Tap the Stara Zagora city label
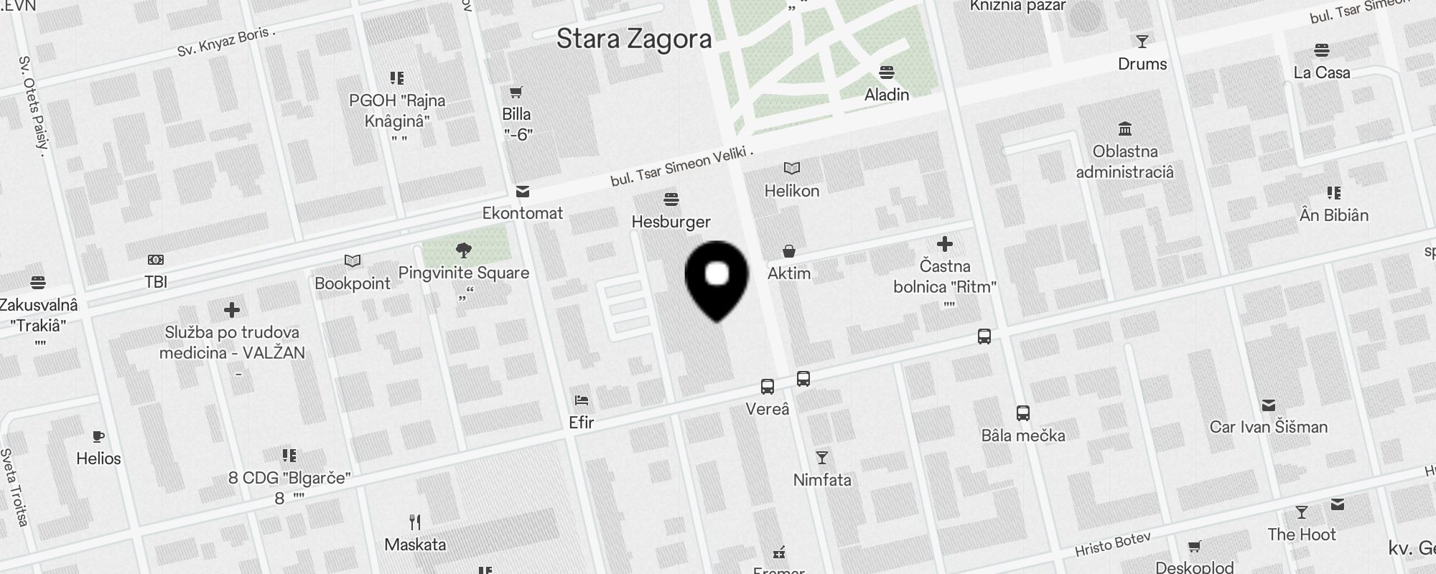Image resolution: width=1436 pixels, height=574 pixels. pos(634,39)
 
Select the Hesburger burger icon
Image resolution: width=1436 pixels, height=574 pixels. pos(671,199)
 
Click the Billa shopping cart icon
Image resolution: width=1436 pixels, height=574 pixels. pos(516,93)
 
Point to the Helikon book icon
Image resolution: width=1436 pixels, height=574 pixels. pos(791,169)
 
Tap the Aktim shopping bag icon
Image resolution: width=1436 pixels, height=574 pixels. pos(788,251)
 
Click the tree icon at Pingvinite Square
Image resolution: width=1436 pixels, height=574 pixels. pos(464,250)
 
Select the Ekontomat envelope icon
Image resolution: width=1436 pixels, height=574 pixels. pos(523,192)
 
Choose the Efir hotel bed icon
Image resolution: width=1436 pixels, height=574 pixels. pos(581,400)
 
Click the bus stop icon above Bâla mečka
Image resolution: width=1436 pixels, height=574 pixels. pos(1023,413)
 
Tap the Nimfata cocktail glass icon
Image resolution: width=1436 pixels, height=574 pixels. pos(822,458)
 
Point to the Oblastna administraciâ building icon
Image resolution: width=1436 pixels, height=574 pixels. pos(1125,129)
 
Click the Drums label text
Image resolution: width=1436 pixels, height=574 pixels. pos(1142,64)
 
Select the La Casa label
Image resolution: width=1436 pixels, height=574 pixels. pos(1321,72)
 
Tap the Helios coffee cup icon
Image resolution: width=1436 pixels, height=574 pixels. pos(98,436)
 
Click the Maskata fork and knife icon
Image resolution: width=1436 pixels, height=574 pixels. pos(415,522)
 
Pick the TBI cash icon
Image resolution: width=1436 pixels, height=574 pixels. pos(156,260)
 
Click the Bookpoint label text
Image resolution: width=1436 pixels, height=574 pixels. pos(353,283)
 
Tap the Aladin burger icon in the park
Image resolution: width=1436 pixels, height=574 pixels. pos(887,72)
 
